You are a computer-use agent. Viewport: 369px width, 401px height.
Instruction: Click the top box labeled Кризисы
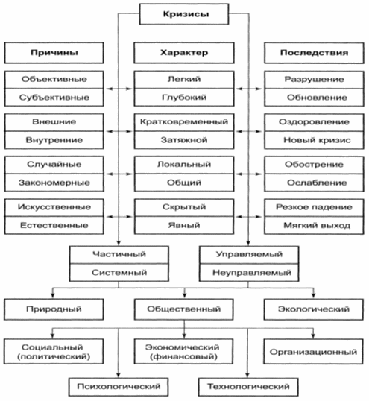coord(184,14)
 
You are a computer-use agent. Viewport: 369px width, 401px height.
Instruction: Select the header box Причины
coord(54,53)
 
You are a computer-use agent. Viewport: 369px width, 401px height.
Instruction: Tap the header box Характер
coord(184,53)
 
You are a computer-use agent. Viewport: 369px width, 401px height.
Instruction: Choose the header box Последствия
coord(314,53)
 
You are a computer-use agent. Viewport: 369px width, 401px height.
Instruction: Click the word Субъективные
coord(54,98)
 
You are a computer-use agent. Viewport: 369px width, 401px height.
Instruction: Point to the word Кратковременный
coord(184,121)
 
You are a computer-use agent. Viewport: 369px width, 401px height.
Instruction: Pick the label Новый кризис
coord(317,140)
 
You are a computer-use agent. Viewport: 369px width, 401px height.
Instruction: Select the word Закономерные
coord(54,183)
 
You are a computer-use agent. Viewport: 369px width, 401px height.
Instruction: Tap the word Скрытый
coord(184,207)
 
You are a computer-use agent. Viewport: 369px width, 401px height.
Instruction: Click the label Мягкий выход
coord(317,225)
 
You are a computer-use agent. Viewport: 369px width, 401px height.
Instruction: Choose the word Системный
coord(119,272)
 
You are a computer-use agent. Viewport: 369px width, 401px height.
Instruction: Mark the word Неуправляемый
coord(252,273)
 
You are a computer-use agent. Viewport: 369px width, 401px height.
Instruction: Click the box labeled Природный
coord(54,309)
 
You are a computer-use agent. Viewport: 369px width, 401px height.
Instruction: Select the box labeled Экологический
coord(314,309)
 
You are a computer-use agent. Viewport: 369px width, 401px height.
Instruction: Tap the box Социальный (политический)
coord(54,351)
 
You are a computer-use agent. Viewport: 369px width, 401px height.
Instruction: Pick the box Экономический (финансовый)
coord(183,351)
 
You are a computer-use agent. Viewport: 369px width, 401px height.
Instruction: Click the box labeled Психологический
coord(119,386)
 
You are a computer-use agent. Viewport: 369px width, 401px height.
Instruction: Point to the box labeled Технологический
coord(248,386)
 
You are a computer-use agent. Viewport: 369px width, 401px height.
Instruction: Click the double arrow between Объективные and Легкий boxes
coord(119,89)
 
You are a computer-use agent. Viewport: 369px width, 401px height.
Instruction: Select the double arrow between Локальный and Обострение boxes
coord(249,174)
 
